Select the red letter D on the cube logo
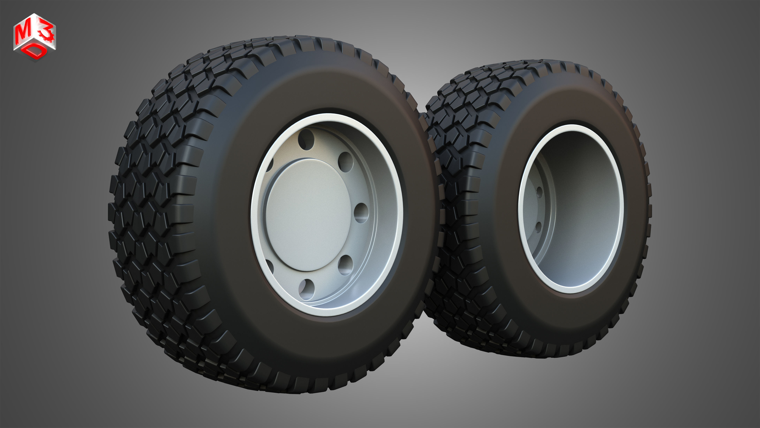coord(36,52)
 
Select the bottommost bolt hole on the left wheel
coord(306,289)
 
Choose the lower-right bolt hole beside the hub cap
coord(346,265)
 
